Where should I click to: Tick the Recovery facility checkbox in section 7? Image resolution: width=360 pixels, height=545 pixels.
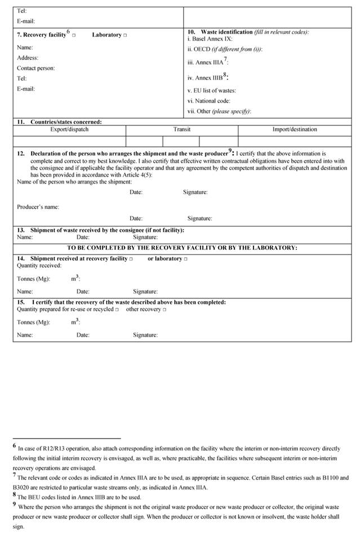pos(74,35)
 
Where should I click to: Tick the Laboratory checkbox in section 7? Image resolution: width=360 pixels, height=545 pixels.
pos(125,35)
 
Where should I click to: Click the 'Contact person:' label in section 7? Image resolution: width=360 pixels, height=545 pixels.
pos(36,68)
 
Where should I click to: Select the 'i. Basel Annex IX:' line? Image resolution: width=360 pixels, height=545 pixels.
pos(210,39)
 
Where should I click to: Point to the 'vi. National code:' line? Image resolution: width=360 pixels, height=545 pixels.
pos(208,101)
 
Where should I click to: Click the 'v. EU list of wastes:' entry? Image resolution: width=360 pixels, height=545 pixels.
pos(211,91)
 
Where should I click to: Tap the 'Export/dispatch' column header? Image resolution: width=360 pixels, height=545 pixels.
pos(69,129)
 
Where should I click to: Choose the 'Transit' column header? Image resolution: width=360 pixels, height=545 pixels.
pos(182,129)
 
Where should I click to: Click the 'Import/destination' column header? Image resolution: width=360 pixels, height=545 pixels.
pos(295,129)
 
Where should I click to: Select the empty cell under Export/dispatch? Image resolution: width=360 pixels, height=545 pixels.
pos(69,141)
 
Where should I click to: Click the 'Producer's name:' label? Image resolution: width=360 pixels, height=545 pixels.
pos(38,207)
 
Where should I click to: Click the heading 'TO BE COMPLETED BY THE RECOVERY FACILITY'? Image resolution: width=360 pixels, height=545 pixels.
pos(182,248)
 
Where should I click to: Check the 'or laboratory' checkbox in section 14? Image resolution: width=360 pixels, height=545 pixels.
pos(185,259)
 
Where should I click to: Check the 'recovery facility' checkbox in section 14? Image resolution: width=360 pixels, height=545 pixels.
pos(131,259)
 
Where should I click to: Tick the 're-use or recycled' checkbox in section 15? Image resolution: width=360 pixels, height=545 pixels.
pos(117,310)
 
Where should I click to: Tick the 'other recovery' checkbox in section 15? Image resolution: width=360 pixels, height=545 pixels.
pos(165,310)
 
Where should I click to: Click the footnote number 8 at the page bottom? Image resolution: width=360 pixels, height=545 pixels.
pos(15,495)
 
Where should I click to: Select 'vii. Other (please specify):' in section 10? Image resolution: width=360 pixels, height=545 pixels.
pos(219,111)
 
